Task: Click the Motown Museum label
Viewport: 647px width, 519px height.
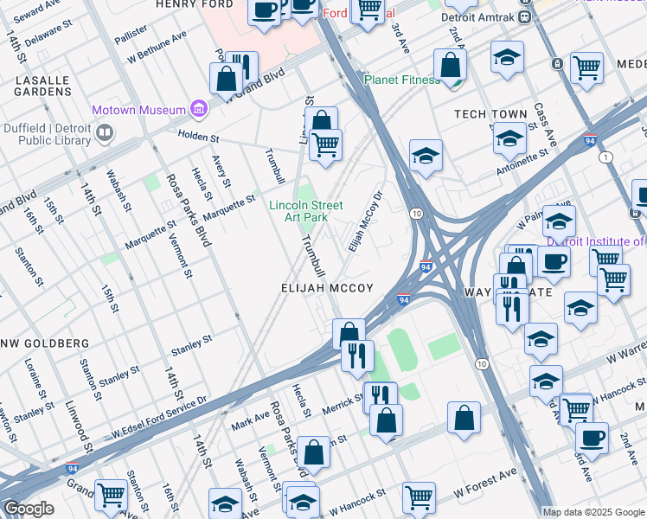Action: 139,110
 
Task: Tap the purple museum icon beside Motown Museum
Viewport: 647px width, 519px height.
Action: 200,109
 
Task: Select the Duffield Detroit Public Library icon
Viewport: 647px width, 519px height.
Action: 105,133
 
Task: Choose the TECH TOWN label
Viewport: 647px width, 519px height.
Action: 490,114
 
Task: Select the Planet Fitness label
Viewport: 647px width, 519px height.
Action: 403,80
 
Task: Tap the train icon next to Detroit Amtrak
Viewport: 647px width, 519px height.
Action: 524,18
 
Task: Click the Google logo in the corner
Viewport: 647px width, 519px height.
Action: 29,509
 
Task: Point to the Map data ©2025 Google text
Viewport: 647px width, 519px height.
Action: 593,512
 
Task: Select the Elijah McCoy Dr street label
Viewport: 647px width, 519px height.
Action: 365,221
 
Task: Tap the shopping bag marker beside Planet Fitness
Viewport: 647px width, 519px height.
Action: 450,66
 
